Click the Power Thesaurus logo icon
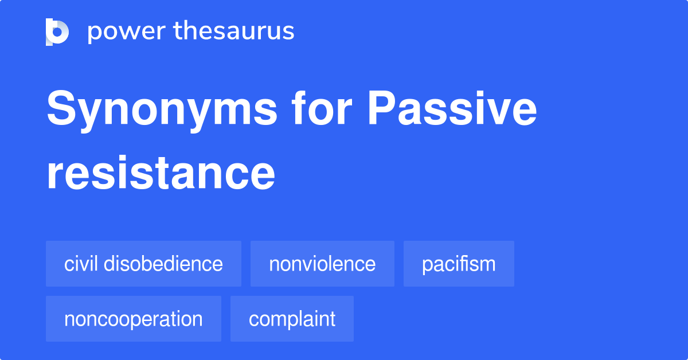[x=57, y=32]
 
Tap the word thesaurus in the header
[x=234, y=32]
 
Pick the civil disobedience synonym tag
[x=143, y=264]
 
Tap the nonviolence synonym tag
[x=322, y=264]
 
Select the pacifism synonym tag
[x=459, y=264]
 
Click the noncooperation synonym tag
[x=134, y=319]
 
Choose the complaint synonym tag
[x=292, y=319]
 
